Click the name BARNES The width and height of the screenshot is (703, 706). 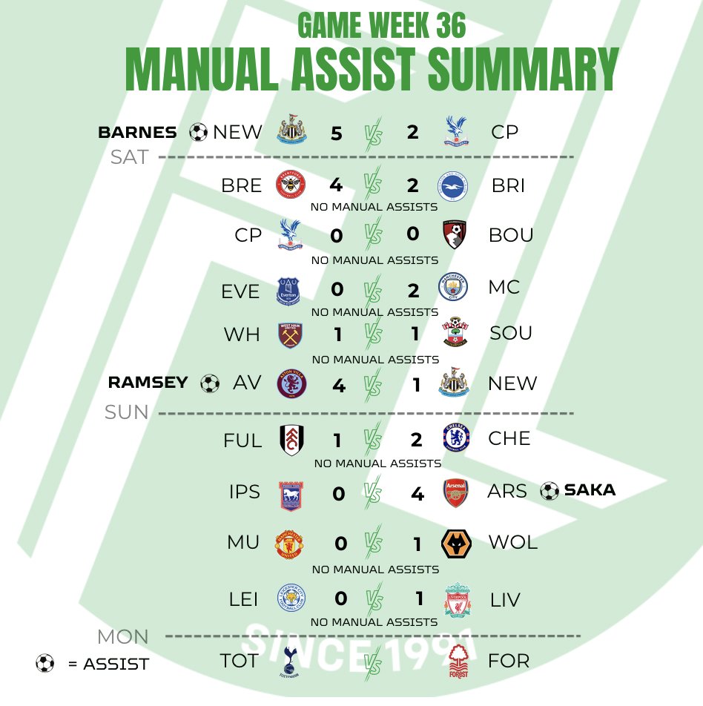tap(137, 133)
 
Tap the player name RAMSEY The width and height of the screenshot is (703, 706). tap(148, 383)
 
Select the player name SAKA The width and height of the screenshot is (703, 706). tap(590, 490)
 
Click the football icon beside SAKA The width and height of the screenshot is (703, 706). tap(549, 491)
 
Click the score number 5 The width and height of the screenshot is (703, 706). tap(337, 133)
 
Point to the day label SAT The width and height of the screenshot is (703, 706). tap(130, 157)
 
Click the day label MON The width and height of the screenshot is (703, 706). tap(123, 636)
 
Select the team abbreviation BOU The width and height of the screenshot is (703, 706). tap(511, 235)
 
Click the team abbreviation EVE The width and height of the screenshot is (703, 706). tap(241, 291)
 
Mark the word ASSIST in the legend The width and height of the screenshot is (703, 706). tap(116, 664)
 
